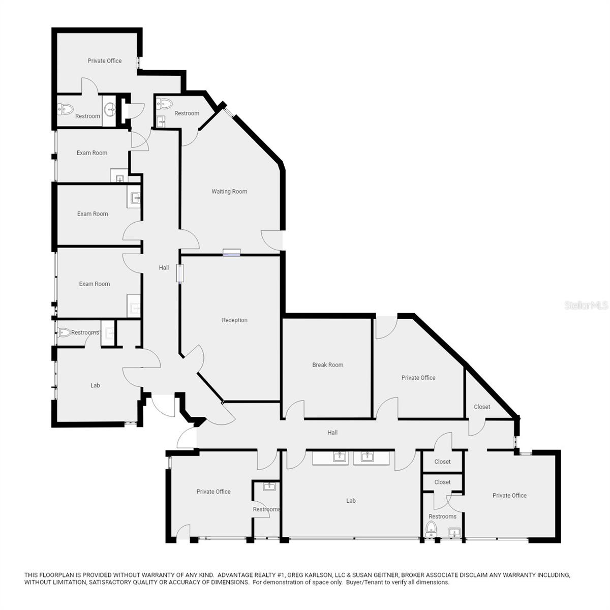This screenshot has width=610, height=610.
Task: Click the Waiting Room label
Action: [x=229, y=192]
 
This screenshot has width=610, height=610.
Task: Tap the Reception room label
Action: [x=234, y=320]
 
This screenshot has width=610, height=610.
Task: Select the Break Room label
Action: [x=327, y=365]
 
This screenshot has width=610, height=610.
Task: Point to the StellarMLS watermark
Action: [x=586, y=306]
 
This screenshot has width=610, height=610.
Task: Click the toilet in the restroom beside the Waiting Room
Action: [x=165, y=104]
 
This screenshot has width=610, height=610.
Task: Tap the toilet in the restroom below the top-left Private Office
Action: [x=66, y=109]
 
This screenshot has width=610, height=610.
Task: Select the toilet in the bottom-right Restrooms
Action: [x=432, y=529]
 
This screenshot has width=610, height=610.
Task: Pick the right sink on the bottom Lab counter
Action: [x=368, y=456]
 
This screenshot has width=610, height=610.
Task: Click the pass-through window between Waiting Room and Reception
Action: [x=231, y=252]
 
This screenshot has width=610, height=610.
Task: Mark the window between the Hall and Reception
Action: [x=180, y=273]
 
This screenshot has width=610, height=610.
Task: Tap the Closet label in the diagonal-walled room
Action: [x=482, y=407]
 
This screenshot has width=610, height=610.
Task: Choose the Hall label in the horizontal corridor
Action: [x=332, y=433]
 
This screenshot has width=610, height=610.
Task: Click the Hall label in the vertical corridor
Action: [x=164, y=268]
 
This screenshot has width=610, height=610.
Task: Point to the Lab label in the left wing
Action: [x=95, y=385]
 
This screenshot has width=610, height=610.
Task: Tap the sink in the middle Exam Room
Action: [x=135, y=198]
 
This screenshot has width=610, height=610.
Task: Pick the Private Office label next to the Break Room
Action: [x=418, y=378]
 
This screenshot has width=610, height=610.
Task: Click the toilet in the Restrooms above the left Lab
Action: [x=65, y=332]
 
